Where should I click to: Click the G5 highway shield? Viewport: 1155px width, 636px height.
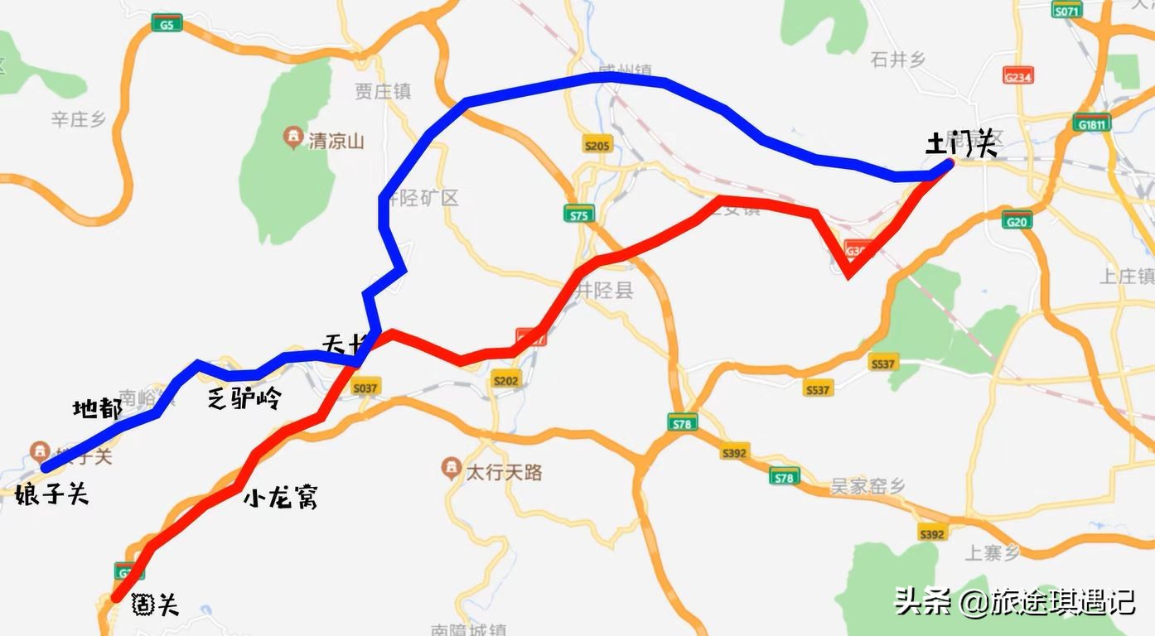167,25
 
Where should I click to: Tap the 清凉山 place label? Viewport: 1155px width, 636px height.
336,141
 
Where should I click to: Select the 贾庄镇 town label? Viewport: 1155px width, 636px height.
383,91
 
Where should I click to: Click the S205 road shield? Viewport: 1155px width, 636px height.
596,146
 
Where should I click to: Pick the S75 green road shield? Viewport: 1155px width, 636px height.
578,215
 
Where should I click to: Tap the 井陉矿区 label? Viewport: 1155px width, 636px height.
427,199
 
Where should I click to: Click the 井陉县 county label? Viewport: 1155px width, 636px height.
605,291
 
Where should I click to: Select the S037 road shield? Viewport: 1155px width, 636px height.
365,388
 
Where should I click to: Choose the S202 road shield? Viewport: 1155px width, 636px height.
505,380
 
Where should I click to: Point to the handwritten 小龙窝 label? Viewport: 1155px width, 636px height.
281,499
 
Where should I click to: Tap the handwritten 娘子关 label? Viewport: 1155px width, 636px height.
51,496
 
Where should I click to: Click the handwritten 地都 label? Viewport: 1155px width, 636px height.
97,407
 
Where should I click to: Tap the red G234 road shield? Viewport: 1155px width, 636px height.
1017,76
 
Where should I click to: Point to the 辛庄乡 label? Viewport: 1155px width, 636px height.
79,120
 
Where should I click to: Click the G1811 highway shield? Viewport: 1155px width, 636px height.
1093,124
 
